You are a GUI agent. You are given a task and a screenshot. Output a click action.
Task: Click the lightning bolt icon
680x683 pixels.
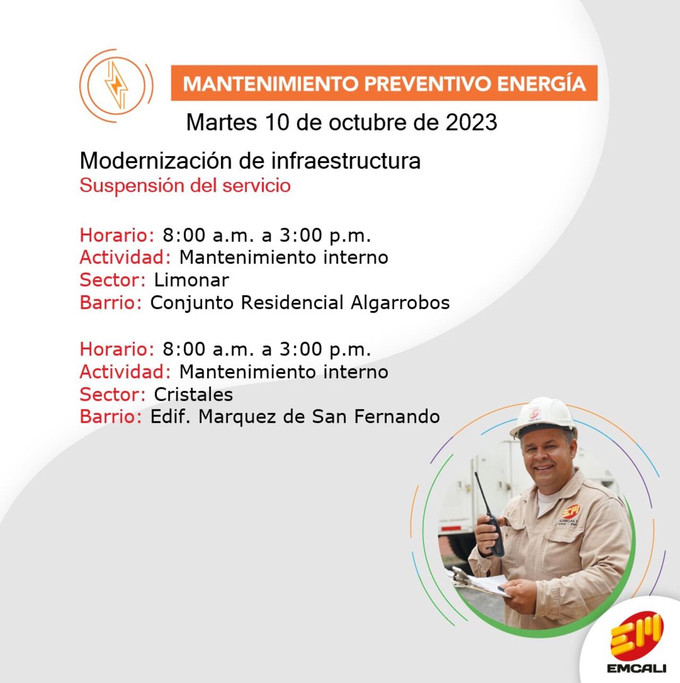pyautogui.click(x=116, y=85)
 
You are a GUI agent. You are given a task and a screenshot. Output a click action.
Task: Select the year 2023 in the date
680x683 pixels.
pyautogui.click(x=471, y=123)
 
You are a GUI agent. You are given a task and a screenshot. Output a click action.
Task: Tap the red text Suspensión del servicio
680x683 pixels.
pyautogui.click(x=185, y=186)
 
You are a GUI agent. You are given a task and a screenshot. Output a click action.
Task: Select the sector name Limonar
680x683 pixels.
pyautogui.click(x=191, y=280)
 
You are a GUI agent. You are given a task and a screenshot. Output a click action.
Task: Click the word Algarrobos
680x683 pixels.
pyautogui.click(x=399, y=303)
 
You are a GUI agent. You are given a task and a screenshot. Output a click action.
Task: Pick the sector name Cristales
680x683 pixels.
pyautogui.click(x=193, y=395)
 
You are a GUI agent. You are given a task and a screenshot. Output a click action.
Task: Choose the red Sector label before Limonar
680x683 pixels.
pyautogui.click(x=112, y=280)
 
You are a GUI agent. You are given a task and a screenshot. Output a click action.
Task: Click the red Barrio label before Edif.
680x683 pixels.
pyautogui.click(x=110, y=417)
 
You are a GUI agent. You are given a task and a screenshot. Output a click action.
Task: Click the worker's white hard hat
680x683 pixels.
pyautogui.click(x=543, y=417)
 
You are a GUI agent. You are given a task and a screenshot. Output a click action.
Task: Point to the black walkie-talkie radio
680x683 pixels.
pyautogui.click(x=492, y=526)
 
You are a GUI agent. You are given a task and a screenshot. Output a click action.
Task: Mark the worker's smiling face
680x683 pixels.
pyautogui.click(x=547, y=457)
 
